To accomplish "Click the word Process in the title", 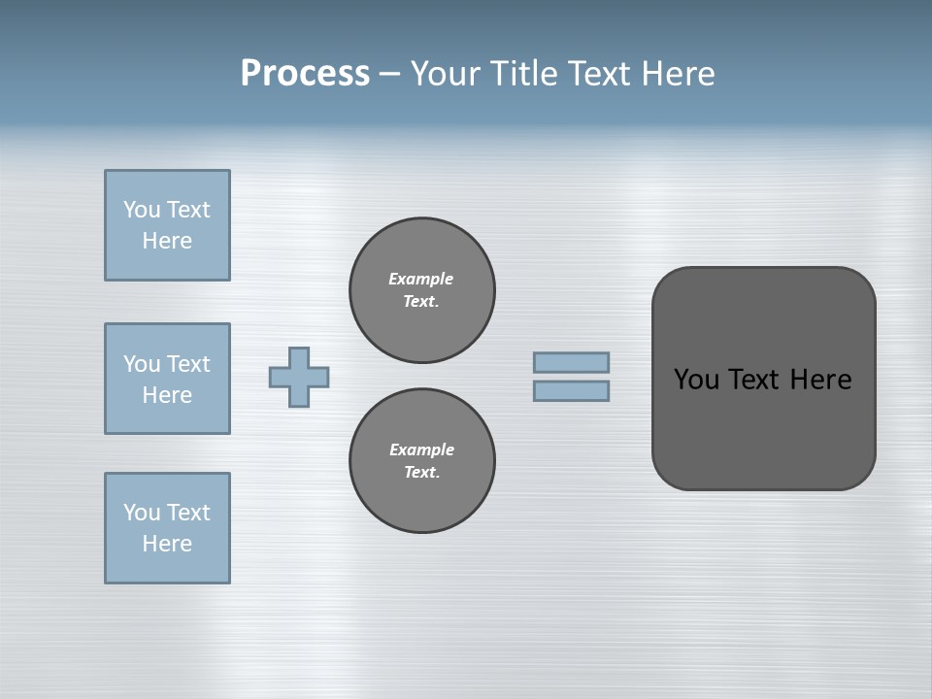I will pos(305,74).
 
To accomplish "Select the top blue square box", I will pos(167,225).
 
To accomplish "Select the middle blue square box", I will pos(167,379).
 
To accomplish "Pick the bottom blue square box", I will pos(167,528).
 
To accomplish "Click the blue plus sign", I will pos(299,377).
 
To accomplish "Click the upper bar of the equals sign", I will pos(571,362).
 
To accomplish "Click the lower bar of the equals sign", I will pos(571,390).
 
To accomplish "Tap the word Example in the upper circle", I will pos(421,279).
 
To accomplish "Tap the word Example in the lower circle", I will pos(421,449).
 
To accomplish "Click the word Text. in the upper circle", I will pos(421,301).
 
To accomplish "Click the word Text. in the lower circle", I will pos(421,472).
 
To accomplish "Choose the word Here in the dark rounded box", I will pos(820,380).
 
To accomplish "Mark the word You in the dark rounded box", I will pos(696,380).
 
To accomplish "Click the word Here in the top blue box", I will pos(167,241).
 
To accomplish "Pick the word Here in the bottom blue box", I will pos(167,544).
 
